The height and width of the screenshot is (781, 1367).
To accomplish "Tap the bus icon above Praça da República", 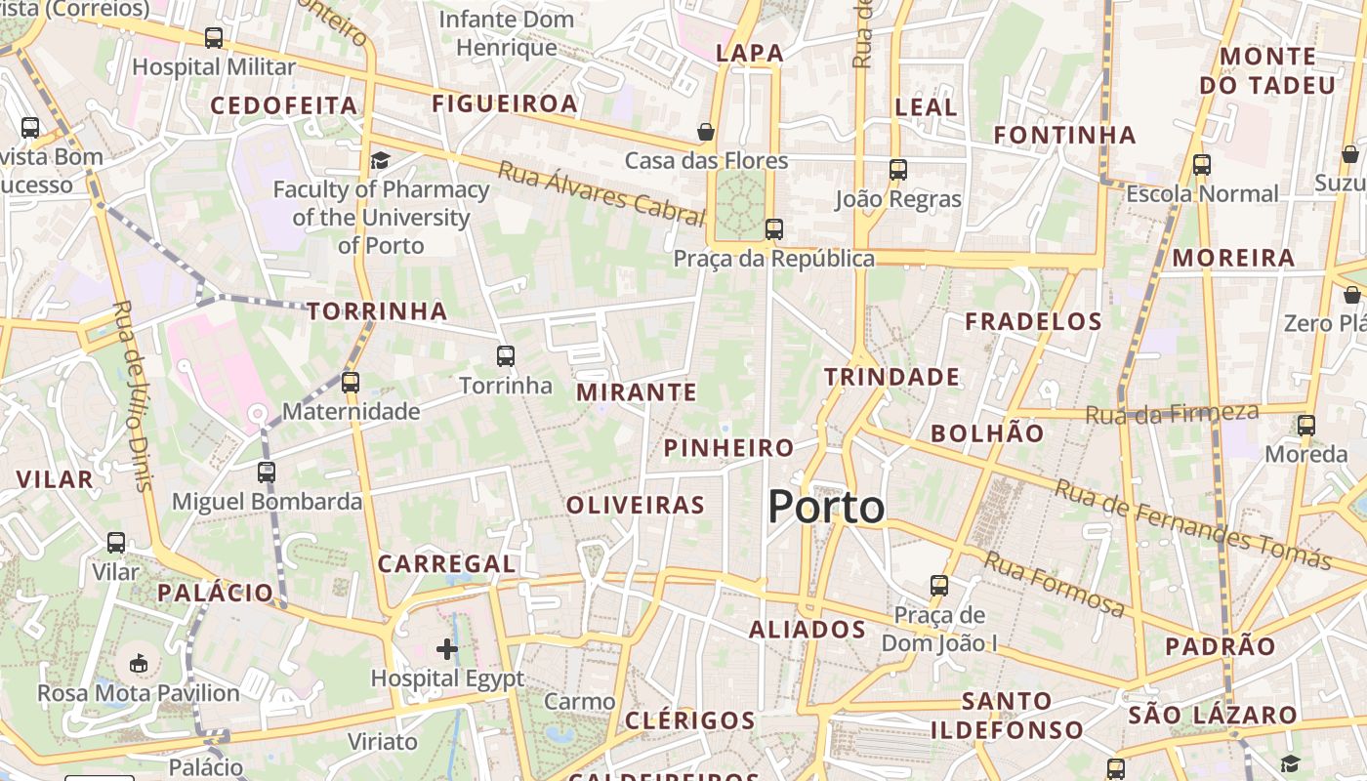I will (x=774, y=229).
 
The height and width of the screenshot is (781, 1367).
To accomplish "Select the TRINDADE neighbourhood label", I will (x=891, y=377).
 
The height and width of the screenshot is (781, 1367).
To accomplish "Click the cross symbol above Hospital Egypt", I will (x=447, y=648).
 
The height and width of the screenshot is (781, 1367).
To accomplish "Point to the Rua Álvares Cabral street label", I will (x=601, y=193).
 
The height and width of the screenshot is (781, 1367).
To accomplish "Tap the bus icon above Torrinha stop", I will (x=505, y=356).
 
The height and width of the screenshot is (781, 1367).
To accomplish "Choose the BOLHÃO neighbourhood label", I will (x=987, y=433).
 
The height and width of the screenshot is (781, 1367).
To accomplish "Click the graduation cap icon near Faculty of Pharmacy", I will (x=380, y=160).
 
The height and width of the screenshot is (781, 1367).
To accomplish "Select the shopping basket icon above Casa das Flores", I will (x=706, y=131).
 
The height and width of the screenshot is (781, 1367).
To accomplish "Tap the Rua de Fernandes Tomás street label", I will (x=1192, y=523).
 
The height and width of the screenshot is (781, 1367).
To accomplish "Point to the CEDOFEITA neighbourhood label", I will (x=285, y=105).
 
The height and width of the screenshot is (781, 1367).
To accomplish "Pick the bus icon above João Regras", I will (x=898, y=170).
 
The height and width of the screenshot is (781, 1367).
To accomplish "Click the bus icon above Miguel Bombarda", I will (x=267, y=473).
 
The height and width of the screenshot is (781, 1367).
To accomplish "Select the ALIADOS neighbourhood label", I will (x=808, y=630).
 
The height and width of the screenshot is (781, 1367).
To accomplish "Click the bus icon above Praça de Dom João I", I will (x=939, y=586).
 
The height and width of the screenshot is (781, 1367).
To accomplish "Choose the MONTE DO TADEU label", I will (x=1267, y=71).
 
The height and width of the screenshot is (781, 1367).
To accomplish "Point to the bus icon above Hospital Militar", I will (x=214, y=38).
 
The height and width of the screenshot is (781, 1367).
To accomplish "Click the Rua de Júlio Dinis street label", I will (x=134, y=395).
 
